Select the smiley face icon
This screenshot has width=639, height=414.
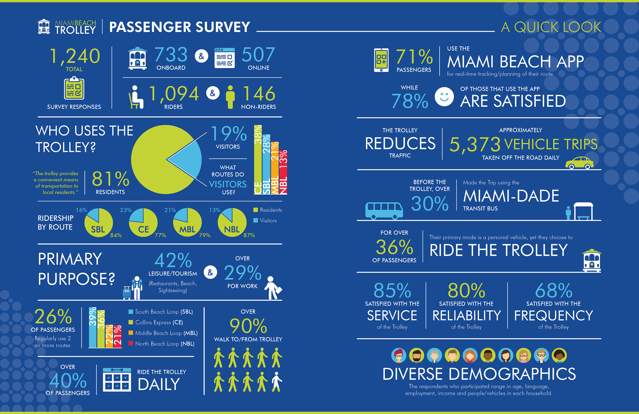click(x=444, y=97)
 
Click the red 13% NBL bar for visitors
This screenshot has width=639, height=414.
click(x=283, y=172)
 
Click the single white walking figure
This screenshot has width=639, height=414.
click(x=277, y=382)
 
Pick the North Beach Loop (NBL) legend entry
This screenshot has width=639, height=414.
click(x=162, y=344)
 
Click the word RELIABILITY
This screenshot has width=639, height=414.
click(x=467, y=315)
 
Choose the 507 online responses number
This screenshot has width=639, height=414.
click(x=258, y=55)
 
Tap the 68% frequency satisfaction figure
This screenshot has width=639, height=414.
click(x=554, y=291)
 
